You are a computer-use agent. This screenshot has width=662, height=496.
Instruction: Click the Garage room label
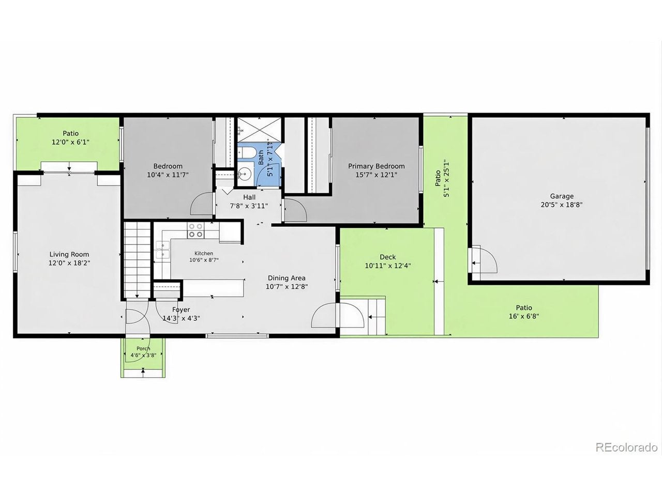pos(561,196)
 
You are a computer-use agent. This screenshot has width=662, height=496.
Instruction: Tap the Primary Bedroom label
pos(376,166)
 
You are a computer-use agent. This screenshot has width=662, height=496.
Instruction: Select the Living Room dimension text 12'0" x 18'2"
pos(69,263)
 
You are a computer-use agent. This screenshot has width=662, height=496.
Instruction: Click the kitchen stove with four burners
pos(195,230)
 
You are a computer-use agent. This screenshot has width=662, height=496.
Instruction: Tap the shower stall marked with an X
pos(259,130)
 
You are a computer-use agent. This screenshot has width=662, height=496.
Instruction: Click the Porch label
pos(143,348)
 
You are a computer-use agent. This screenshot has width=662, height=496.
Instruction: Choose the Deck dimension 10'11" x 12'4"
pos(388,266)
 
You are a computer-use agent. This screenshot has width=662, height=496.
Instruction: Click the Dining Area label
pos(287,278)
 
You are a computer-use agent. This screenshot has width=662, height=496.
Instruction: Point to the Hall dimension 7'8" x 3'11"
pos(249,206)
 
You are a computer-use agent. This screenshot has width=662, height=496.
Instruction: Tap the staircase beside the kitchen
pos(137,260)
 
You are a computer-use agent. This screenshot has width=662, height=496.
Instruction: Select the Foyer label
pos(181,309)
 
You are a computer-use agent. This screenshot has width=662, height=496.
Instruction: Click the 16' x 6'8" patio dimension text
pos(524,316)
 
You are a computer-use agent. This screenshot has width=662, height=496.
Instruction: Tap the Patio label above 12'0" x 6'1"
pos(70,133)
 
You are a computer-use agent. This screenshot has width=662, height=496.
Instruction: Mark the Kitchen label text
pos(204,253)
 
